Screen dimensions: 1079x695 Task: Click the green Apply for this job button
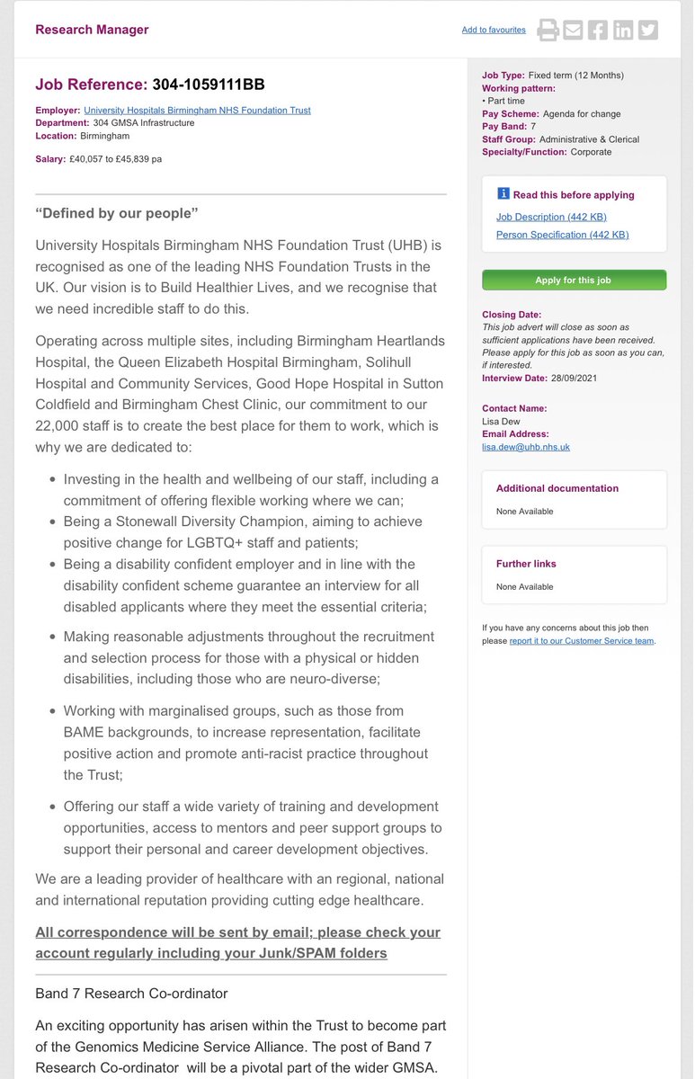tap(574, 280)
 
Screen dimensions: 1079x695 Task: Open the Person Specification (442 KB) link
tap(562, 235)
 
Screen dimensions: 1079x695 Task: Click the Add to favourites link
tap(494, 31)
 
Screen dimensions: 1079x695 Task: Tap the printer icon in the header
tap(548, 31)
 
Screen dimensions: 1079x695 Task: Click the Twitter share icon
tap(647, 31)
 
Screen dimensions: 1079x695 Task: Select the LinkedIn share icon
tap(623, 31)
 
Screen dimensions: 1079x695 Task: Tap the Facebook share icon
tap(598, 31)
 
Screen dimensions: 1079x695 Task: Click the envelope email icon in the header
tap(573, 31)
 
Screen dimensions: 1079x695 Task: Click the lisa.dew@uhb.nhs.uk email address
tap(526, 447)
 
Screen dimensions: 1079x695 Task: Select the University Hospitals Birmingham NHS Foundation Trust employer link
tap(197, 111)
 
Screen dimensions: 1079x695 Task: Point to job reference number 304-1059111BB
tap(209, 85)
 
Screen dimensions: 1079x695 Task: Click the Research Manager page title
tap(92, 30)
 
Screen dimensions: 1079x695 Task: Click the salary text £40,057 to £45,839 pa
tap(117, 159)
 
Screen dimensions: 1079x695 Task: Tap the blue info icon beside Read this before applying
tap(503, 194)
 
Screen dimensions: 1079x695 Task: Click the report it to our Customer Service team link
tap(582, 641)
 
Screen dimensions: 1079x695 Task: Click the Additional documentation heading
tap(557, 488)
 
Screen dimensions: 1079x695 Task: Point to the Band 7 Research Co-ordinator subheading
tap(131, 994)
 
